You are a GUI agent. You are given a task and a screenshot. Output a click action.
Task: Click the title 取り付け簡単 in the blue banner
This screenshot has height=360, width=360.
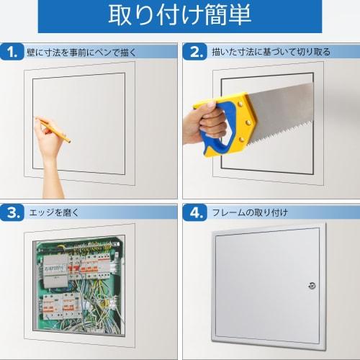point(179,16)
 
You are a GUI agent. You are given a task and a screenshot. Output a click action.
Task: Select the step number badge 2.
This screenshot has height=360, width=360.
point(195,52)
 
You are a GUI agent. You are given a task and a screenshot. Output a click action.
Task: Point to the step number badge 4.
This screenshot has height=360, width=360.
point(195,212)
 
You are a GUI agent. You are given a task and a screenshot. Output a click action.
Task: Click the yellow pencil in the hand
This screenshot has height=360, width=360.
point(54,129)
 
